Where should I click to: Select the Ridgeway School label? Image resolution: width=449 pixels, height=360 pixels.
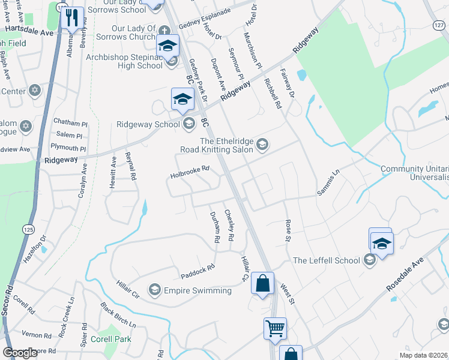(x=148, y=125)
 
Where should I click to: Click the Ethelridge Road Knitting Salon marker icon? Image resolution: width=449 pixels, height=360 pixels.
(x=262, y=143)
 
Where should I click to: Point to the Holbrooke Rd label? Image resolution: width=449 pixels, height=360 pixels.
(x=190, y=172)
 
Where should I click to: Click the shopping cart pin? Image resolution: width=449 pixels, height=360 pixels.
(x=275, y=329)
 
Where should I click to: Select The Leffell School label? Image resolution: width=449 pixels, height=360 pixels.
(x=326, y=260)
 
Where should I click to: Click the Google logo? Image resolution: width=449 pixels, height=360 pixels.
(x=20, y=352)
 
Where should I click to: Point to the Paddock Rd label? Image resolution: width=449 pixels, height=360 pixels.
(x=198, y=272)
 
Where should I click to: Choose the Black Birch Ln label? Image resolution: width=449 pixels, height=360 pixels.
(x=118, y=314)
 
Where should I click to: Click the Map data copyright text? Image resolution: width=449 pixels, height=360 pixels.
(x=424, y=355)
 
